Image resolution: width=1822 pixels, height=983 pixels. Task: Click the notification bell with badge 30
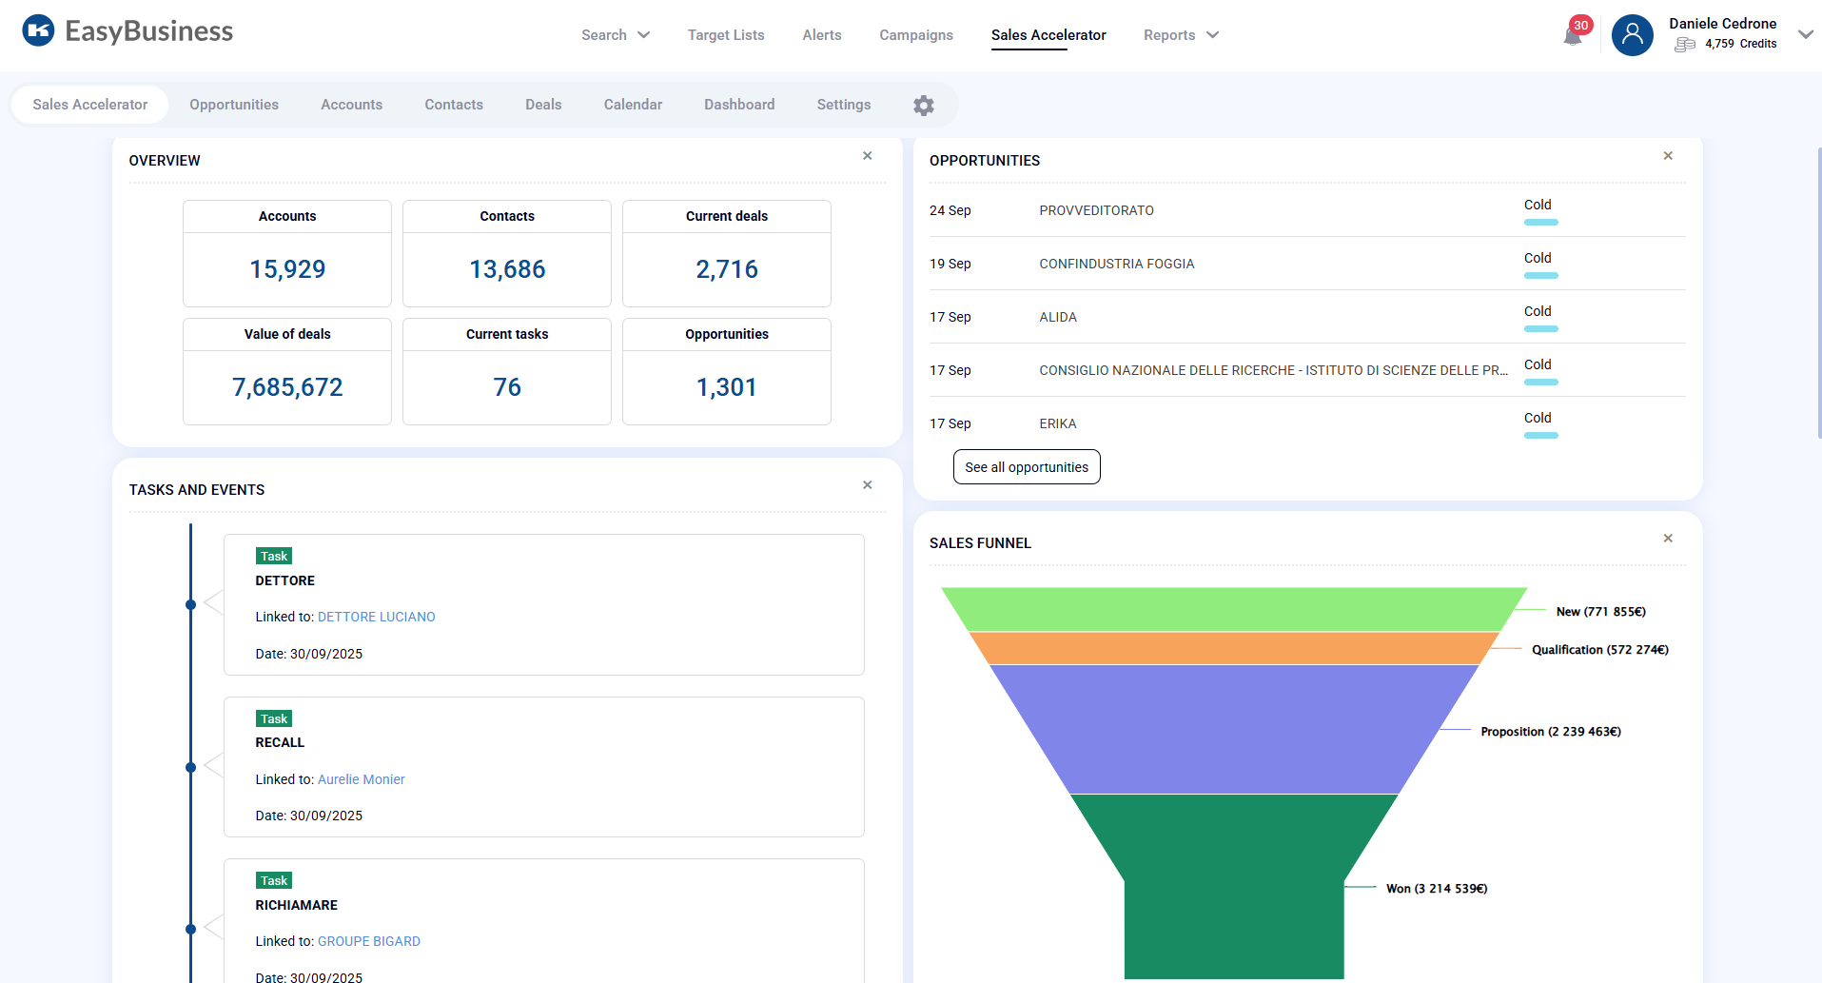point(1572,35)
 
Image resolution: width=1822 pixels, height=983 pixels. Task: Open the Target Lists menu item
point(726,35)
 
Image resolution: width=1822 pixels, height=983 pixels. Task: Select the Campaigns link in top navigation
point(915,35)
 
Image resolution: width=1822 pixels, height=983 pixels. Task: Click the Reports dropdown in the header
point(1180,35)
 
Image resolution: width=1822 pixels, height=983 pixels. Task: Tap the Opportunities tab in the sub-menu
point(234,105)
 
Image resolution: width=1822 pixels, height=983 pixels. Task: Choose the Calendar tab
point(633,105)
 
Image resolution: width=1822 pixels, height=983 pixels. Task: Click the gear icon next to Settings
point(923,106)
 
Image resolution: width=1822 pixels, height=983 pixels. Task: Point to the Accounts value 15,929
point(287,269)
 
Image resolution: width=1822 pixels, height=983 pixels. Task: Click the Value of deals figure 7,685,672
point(287,387)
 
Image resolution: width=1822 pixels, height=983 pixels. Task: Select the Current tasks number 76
point(507,387)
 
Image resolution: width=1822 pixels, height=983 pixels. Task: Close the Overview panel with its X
point(867,156)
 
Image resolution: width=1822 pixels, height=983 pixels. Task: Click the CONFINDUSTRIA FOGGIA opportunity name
point(1116,264)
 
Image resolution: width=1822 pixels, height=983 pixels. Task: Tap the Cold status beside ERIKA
point(1538,419)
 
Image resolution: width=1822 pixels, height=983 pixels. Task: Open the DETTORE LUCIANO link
point(376,617)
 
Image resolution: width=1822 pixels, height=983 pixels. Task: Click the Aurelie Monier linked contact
point(361,779)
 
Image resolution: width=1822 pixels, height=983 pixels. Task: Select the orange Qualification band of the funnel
point(1233,648)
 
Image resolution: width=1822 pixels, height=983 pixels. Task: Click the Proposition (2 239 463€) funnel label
point(1550,732)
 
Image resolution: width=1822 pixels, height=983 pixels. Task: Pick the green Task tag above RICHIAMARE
point(274,881)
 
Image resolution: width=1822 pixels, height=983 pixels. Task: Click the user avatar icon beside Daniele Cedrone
point(1632,35)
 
